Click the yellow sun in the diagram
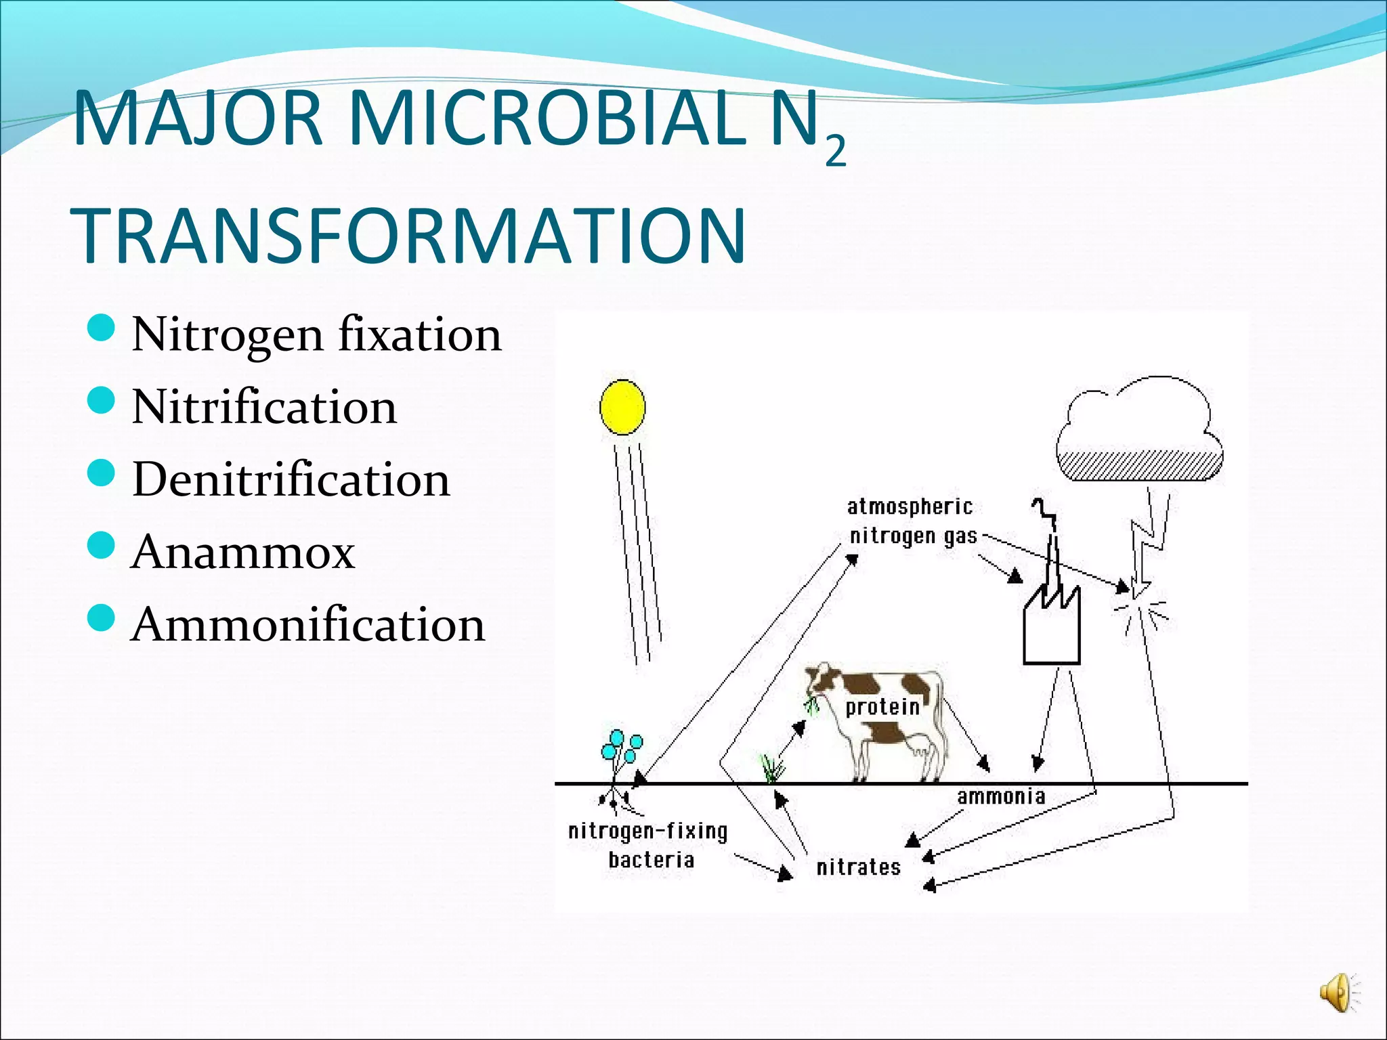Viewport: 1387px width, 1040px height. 622,407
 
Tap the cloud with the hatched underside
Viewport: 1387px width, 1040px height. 1140,433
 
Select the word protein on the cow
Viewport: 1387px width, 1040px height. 882,707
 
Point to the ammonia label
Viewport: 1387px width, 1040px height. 1001,797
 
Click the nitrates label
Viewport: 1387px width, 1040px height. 858,867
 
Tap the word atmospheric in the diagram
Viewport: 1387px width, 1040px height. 910,506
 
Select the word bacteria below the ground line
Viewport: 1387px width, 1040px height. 651,860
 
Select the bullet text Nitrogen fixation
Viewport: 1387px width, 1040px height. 316,334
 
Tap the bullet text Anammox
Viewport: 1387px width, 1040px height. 242,552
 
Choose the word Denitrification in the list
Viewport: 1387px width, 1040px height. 291,479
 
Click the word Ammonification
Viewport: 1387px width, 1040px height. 308,624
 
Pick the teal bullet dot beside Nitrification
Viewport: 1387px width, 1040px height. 102,401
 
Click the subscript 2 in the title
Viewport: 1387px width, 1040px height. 836,152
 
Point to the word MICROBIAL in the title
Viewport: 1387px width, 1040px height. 545,119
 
